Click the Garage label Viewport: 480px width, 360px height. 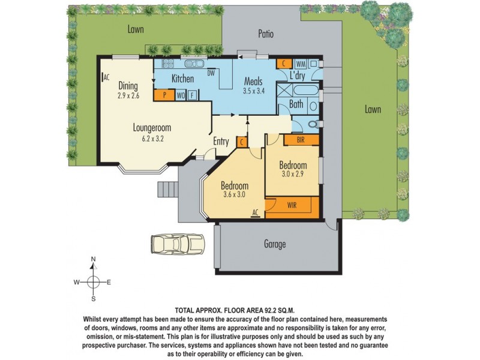[274, 244]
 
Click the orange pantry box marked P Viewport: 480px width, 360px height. [164, 95]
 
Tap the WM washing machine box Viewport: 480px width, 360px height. [301, 63]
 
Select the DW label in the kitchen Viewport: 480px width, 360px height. [211, 74]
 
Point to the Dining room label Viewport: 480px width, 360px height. [128, 85]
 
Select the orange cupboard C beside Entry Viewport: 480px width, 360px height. [241, 142]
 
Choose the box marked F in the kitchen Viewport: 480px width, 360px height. [192, 95]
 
